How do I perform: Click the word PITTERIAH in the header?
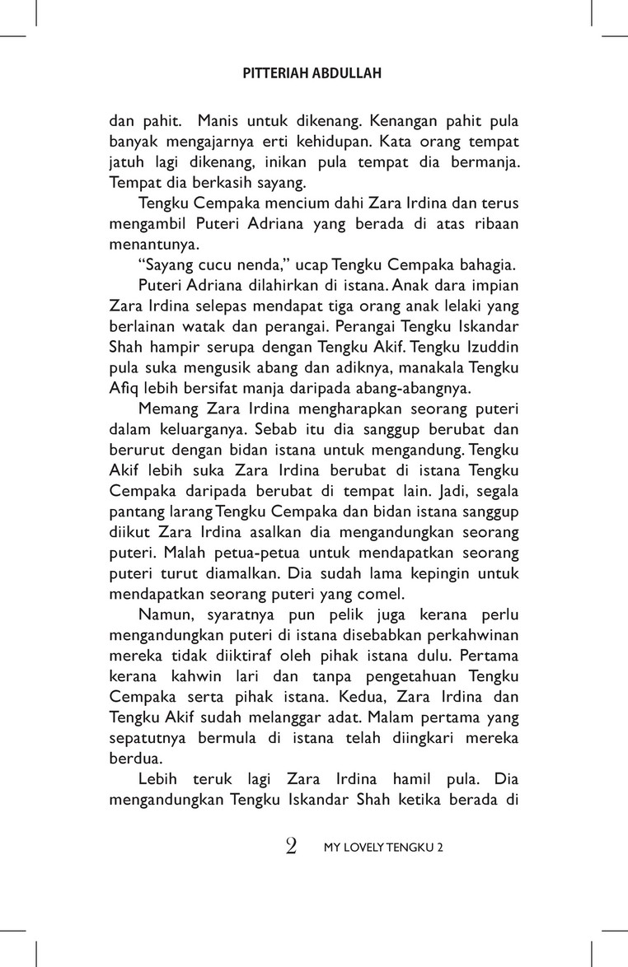tap(274, 73)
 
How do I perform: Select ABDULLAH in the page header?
tap(346, 73)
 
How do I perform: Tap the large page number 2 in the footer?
tap(290, 847)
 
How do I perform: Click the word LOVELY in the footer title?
tap(364, 848)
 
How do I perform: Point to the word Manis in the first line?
tap(217, 120)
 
